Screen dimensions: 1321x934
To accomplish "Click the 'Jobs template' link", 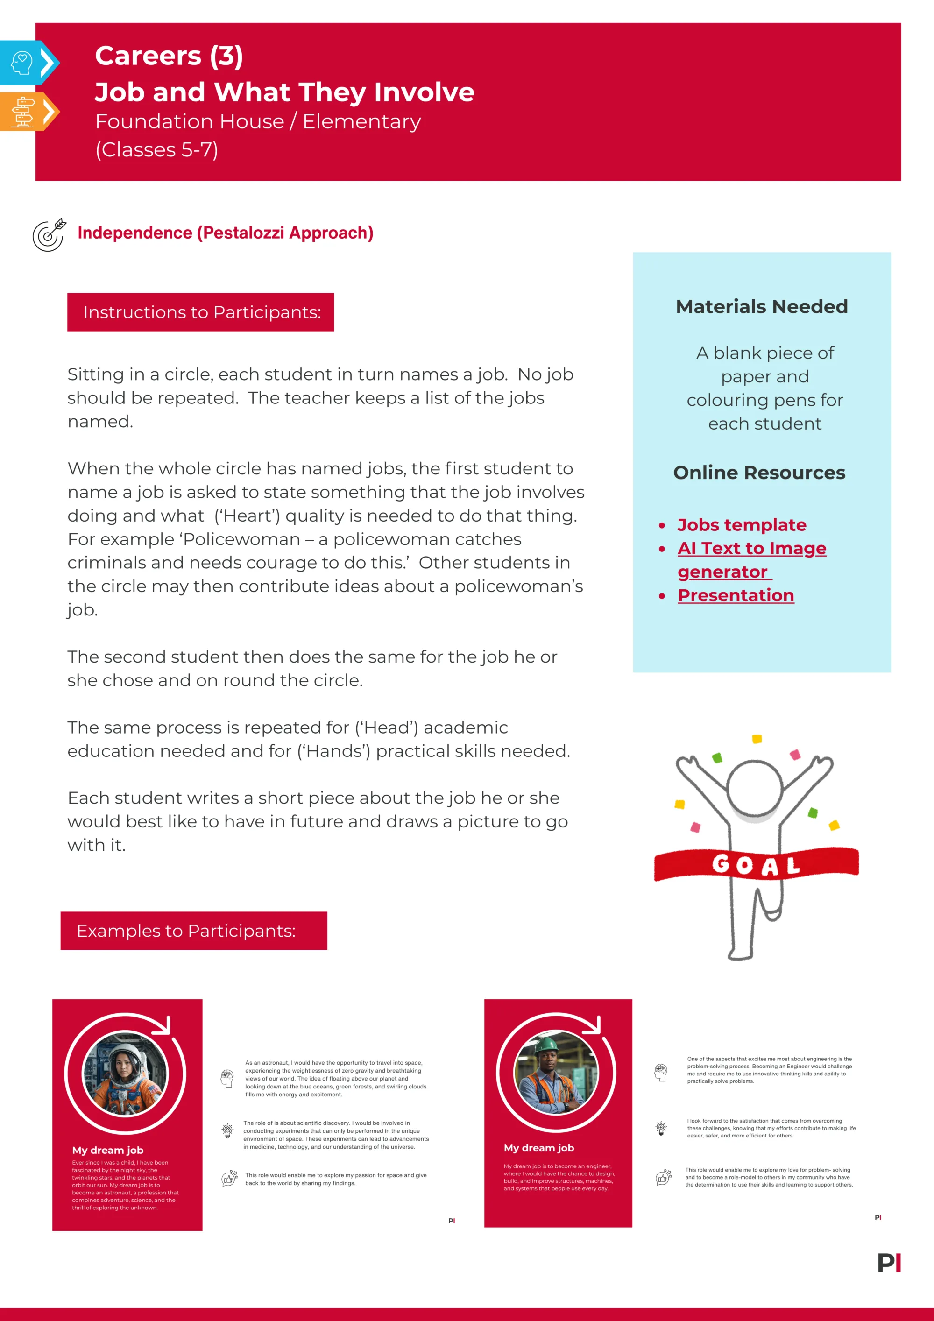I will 741,525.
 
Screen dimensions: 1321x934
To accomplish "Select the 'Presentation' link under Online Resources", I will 736,595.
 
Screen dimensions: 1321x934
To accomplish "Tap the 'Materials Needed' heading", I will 761,307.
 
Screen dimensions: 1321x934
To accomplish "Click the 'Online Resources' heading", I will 759,473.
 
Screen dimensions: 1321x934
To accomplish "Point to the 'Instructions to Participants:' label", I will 201,312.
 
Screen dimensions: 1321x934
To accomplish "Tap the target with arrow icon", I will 49,235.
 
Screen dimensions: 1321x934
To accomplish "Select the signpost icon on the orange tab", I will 23,111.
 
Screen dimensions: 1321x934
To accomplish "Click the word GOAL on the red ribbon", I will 756,865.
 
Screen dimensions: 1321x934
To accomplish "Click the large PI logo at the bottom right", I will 889,1263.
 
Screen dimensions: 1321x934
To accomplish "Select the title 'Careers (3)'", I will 169,56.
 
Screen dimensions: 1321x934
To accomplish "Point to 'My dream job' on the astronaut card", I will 107,1150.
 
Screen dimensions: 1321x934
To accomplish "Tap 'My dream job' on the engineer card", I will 538,1148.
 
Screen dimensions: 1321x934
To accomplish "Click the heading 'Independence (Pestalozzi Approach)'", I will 225,233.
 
